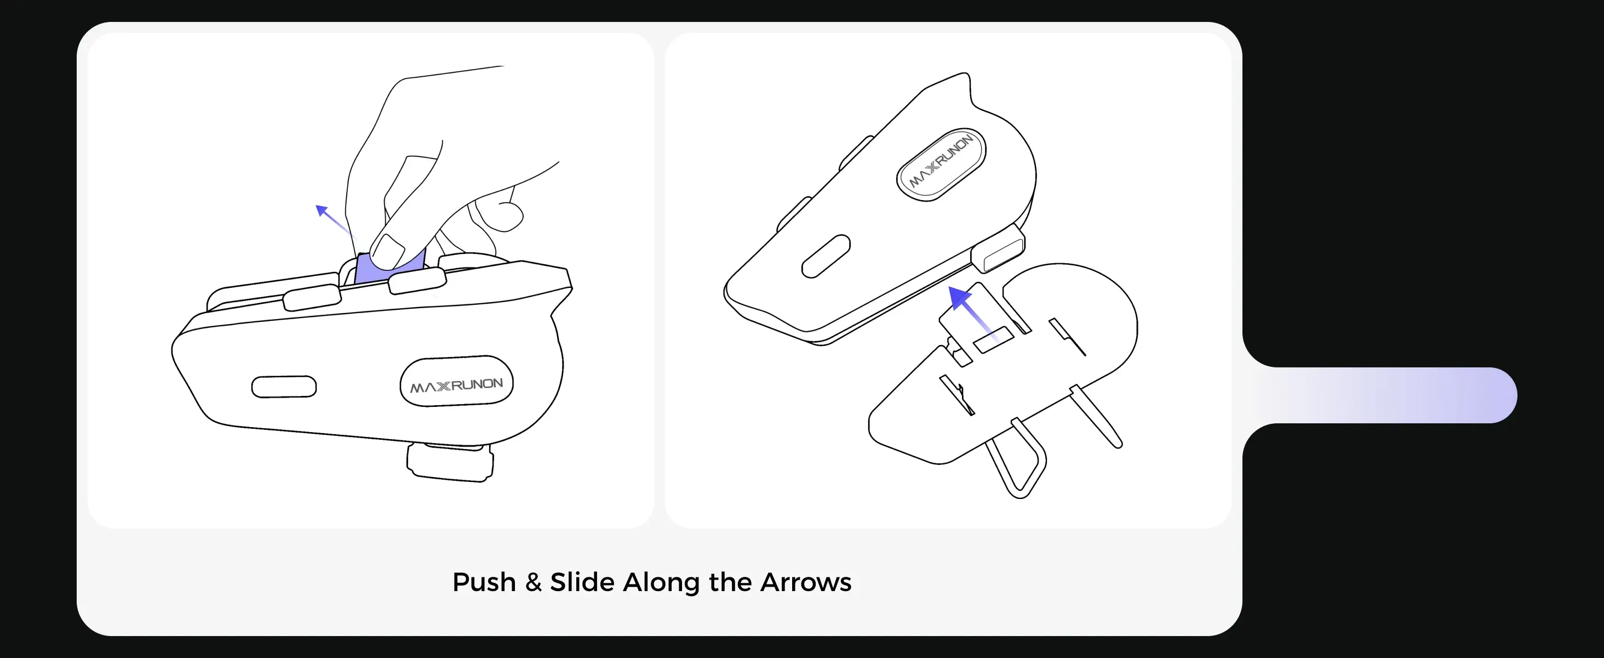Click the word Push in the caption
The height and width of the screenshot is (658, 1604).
click(x=484, y=582)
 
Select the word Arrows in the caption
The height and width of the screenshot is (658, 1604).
click(x=806, y=582)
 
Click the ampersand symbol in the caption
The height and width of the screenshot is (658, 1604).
click(x=533, y=582)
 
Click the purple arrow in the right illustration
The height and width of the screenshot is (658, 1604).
click(x=973, y=311)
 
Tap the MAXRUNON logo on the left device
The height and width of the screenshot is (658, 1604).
click(x=456, y=385)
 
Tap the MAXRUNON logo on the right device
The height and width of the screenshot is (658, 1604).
click(x=941, y=163)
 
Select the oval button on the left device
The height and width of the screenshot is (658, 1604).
click(x=284, y=387)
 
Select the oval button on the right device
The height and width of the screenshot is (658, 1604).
click(x=826, y=256)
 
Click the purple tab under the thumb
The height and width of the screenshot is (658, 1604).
click(x=390, y=269)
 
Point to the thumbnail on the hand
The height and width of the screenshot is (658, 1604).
click(x=388, y=252)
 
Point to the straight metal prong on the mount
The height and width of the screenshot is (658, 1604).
click(x=1096, y=416)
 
